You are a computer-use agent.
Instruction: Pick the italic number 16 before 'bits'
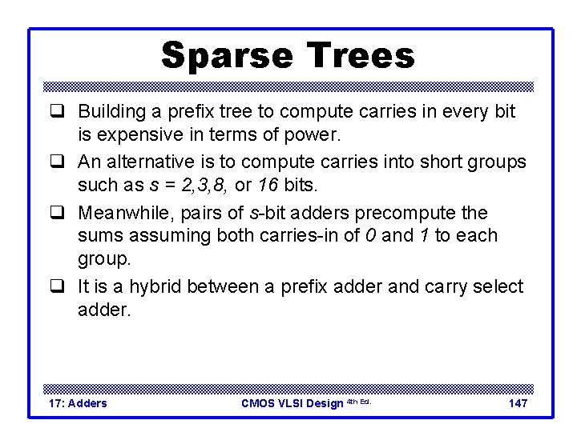tap(268, 185)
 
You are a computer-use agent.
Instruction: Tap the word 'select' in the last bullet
tap(496, 287)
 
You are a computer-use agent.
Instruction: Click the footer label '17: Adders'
tap(78, 403)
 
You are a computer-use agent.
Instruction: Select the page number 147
tap(518, 403)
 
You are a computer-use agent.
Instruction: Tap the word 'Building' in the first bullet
tap(110, 112)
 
